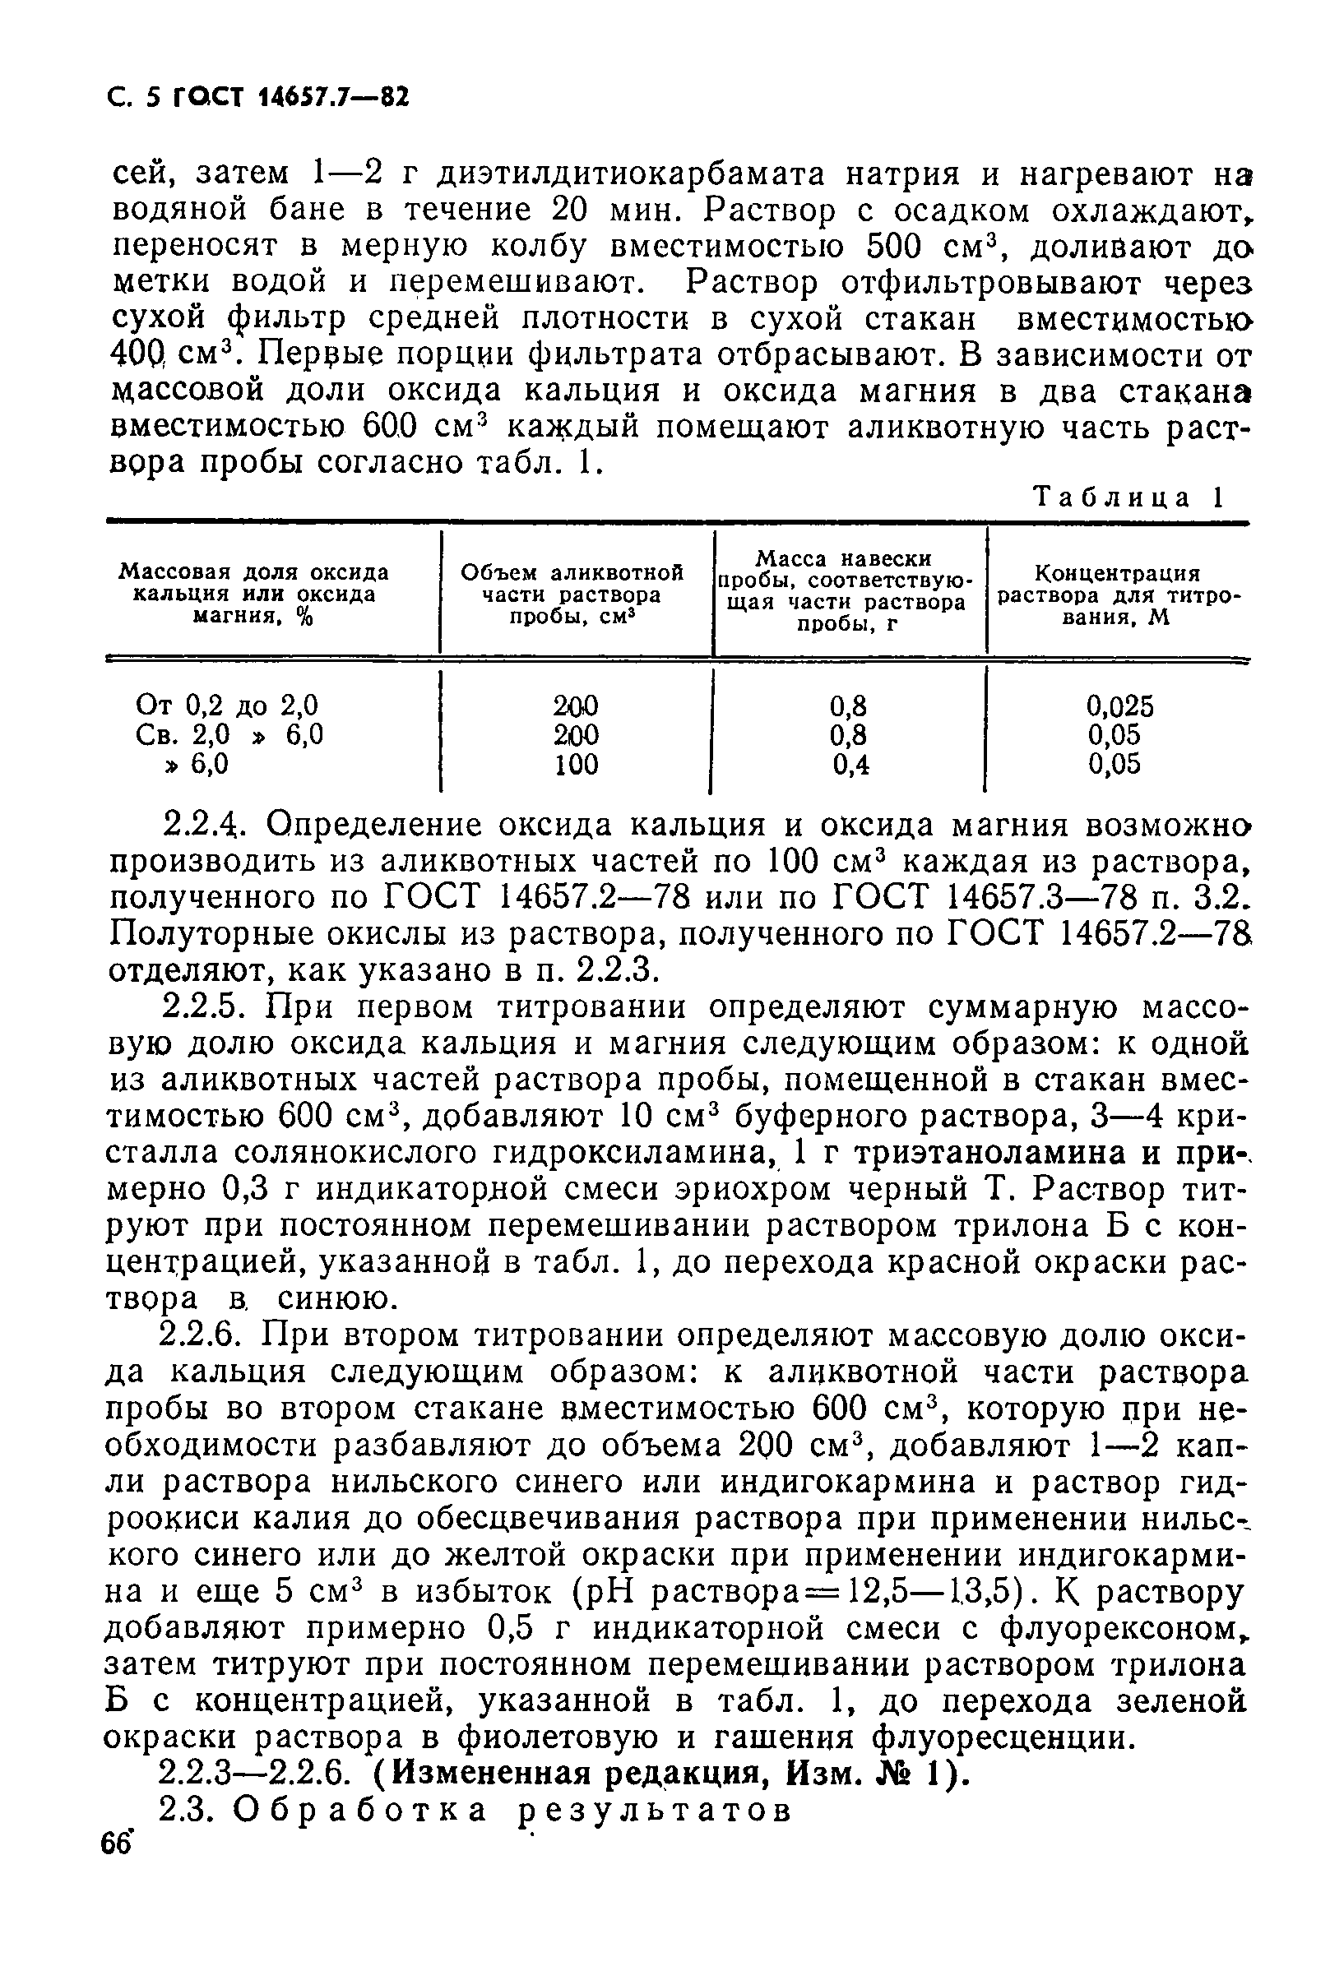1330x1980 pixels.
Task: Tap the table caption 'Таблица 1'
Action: coord(1129,497)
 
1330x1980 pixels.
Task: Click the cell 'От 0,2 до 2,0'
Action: coord(226,705)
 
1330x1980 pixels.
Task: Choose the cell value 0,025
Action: coord(1119,705)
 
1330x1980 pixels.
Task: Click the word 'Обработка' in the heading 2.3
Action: coord(360,1811)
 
